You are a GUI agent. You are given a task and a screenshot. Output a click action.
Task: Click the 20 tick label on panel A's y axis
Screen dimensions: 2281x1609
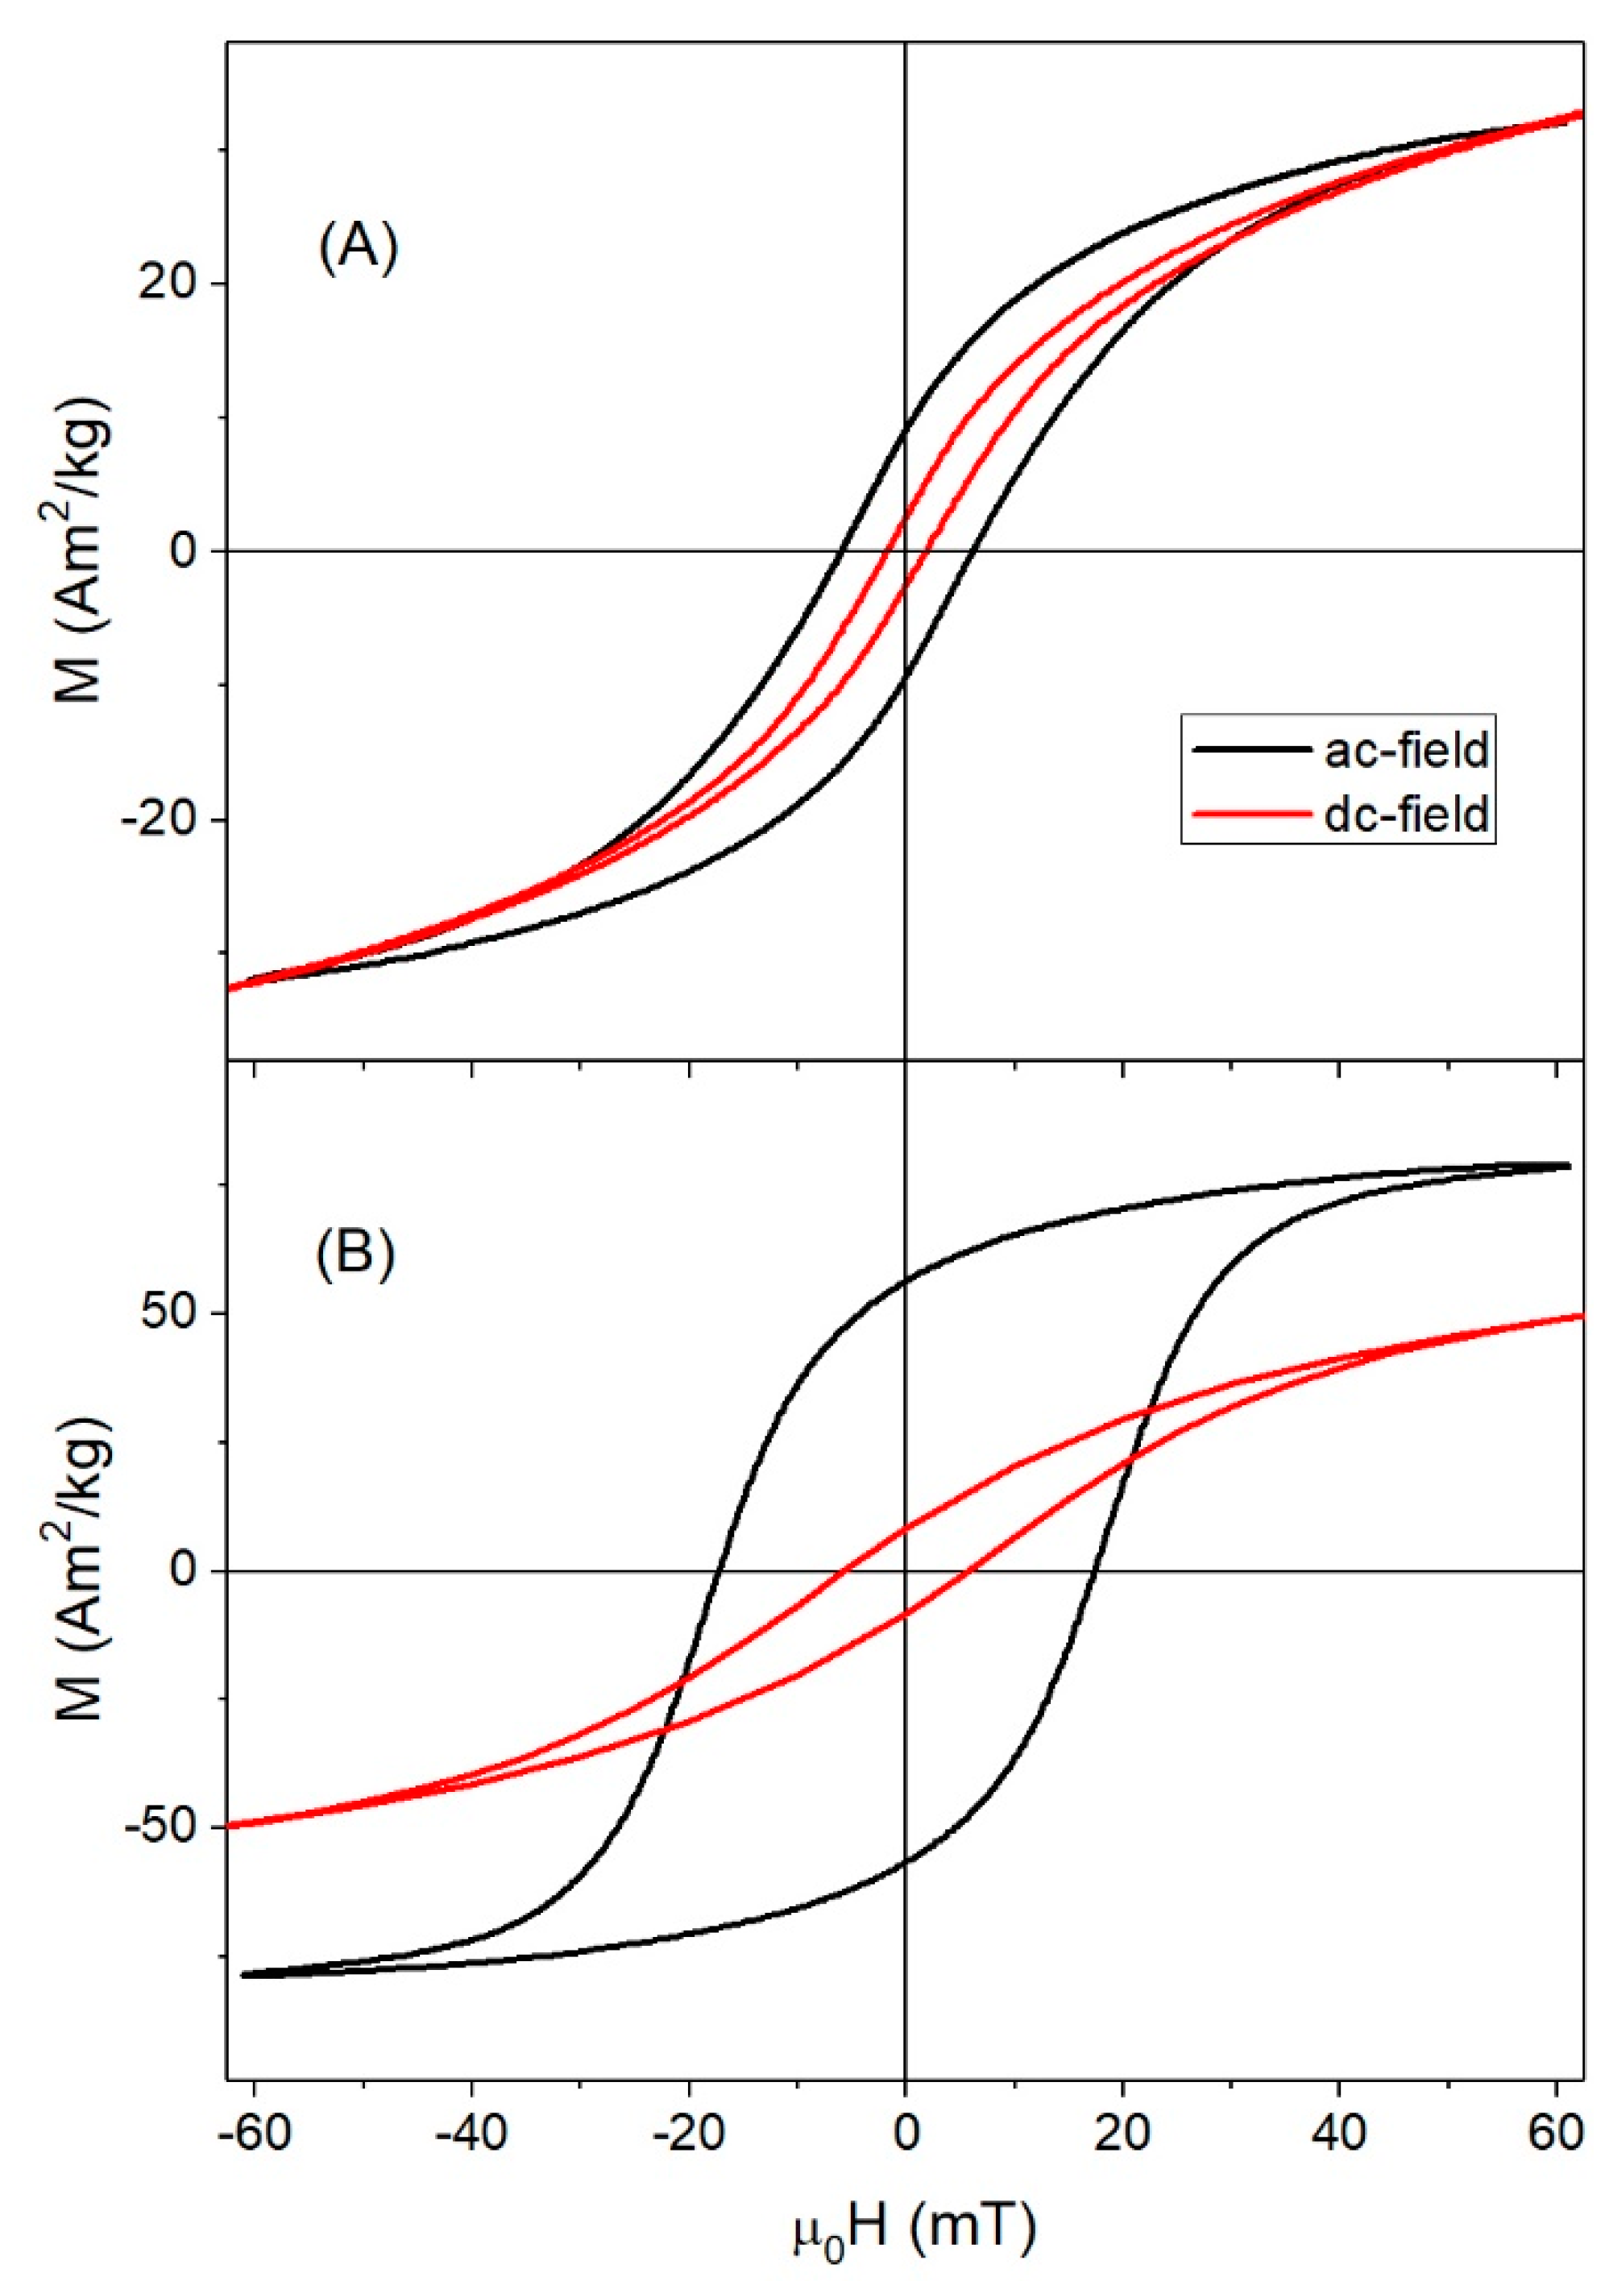(172, 283)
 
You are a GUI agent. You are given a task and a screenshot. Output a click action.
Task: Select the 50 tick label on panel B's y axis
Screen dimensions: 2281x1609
(172, 1313)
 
